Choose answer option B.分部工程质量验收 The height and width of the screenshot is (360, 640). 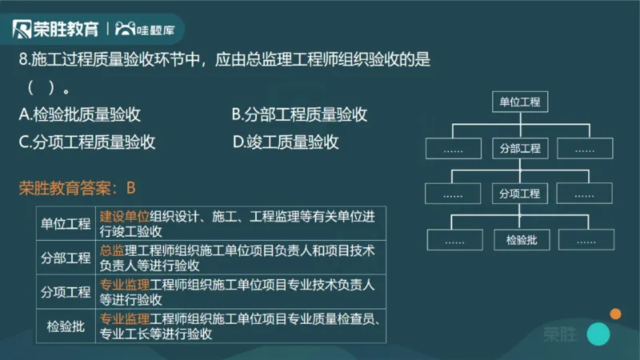(299, 114)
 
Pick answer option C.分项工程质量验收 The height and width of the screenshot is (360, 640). (86, 142)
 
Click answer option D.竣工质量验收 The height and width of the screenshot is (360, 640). (286, 142)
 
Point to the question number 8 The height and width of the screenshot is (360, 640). (23, 60)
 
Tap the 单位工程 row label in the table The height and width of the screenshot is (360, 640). (66, 223)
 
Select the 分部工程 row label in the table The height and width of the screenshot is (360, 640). (66, 258)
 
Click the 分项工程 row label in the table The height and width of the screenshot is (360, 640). (66, 292)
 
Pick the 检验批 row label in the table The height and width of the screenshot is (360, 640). (66, 326)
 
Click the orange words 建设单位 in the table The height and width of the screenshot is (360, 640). (125, 216)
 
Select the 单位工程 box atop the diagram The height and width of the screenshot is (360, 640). (520, 102)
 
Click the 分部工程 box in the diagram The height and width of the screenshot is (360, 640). (520, 149)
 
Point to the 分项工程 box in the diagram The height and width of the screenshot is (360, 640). (520, 194)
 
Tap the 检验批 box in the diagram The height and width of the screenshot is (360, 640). (520, 239)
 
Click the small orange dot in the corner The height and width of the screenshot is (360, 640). (615, 314)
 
